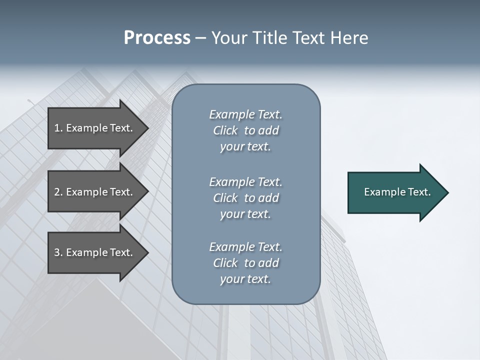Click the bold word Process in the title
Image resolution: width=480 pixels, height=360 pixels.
tap(157, 38)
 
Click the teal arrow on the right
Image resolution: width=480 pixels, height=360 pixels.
tap(395, 192)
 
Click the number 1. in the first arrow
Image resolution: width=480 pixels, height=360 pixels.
tap(58, 128)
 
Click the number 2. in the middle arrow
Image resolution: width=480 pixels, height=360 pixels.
tap(58, 192)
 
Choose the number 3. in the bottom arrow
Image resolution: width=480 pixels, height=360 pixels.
tap(58, 252)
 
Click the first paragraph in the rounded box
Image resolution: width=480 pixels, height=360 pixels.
tap(245, 130)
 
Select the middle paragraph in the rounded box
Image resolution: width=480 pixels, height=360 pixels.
tap(245, 198)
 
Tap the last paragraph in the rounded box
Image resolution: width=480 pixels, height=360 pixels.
tap(245, 263)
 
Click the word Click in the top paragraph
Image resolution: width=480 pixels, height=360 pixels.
tap(225, 130)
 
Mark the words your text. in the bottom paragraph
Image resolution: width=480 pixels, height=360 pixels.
tap(245, 279)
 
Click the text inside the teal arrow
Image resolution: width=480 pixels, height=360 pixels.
tap(397, 192)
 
